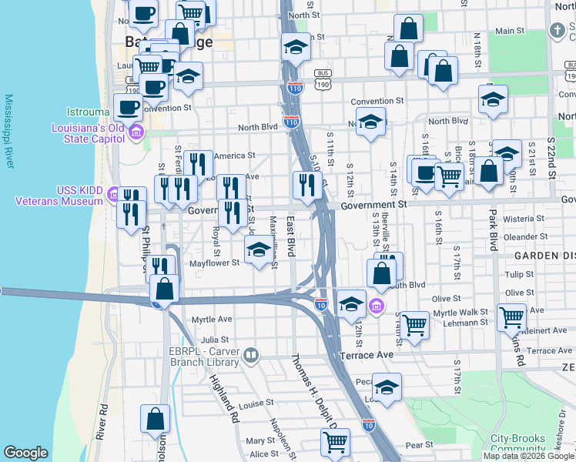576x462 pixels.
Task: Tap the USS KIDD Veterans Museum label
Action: click(59, 196)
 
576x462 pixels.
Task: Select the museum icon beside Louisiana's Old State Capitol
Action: click(136, 132)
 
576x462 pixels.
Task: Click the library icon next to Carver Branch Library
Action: click(251, 355)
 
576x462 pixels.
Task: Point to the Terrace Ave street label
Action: click(367, 355)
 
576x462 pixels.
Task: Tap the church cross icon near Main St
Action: click(557, 31)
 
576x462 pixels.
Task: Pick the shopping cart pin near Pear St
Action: click(335, 443)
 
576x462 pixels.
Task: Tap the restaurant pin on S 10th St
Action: click(306, 185)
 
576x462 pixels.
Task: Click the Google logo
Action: click(26, 453)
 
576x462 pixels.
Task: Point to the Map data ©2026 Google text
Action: click(528, 456)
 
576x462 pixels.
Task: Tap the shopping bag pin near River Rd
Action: click(155, 420)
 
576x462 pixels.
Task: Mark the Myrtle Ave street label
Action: click(212, 319)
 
